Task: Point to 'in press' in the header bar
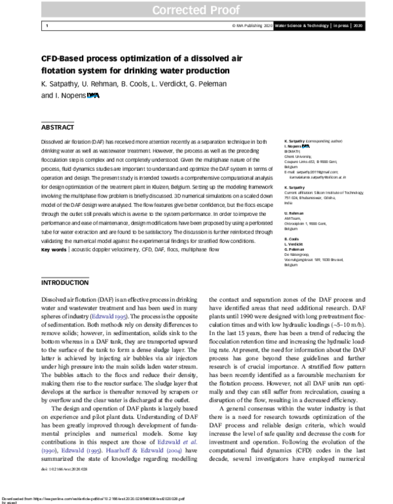[x=338, y=26]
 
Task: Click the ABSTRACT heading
[x=58, y=128]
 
